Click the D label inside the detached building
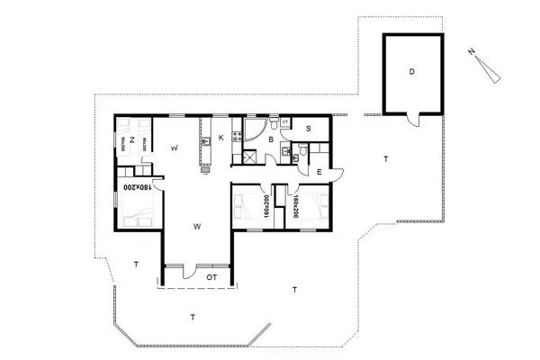(x=412, y=71)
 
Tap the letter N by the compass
(x=472, y=53)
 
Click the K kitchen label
(x=220, y=138)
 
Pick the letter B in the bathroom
(x=269, y=139)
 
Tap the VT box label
(x=285, y=121)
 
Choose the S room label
(x=308, y=130)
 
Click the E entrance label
(x=319, y=169)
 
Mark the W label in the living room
(x=196, y=227)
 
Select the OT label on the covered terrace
(x=212, y=277)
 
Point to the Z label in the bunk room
(x=132, y=140)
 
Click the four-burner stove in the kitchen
(x=238, y=137)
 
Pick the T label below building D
(x=385, y=158)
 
